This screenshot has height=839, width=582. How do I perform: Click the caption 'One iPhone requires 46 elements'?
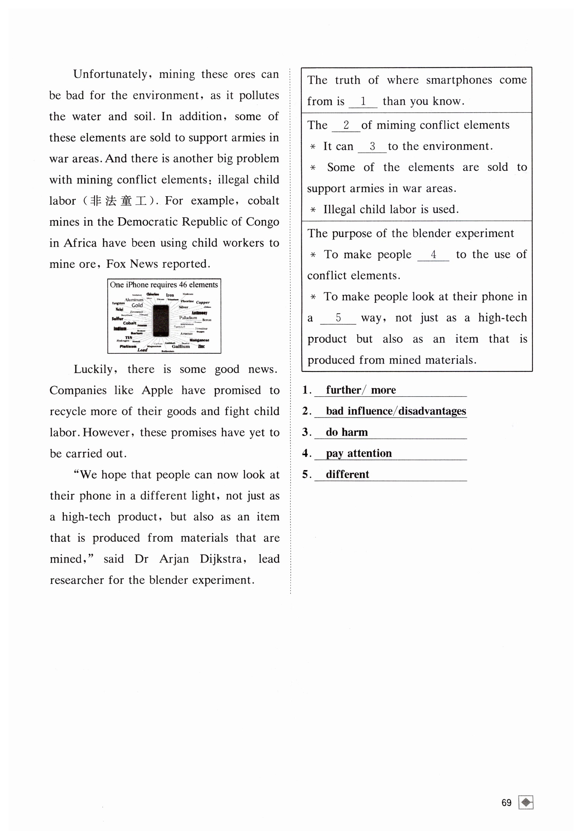[x=164, y=285]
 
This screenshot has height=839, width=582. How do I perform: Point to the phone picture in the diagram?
[x=161, y=321]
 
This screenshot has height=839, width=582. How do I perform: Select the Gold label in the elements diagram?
[x=137, y=306]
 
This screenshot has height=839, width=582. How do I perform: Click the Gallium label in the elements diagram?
[x=181, y=346]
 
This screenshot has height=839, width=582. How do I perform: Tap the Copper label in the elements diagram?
[x=203, y=302]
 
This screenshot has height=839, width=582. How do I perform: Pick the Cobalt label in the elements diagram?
[x=130, y=323]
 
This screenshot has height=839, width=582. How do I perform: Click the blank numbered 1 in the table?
[x=363, y=101]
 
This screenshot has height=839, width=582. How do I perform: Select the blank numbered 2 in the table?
[x=346, y=125]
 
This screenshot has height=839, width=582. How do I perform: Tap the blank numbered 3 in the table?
[x=372, y=146]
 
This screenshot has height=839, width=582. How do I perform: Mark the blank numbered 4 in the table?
[x=433, y=255]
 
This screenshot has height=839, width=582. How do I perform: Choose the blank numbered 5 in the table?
[x=338, y=318]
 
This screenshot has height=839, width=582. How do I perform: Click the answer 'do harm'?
[x=346, y=432]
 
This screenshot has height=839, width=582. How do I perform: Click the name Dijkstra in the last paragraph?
[x=221, y=559]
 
